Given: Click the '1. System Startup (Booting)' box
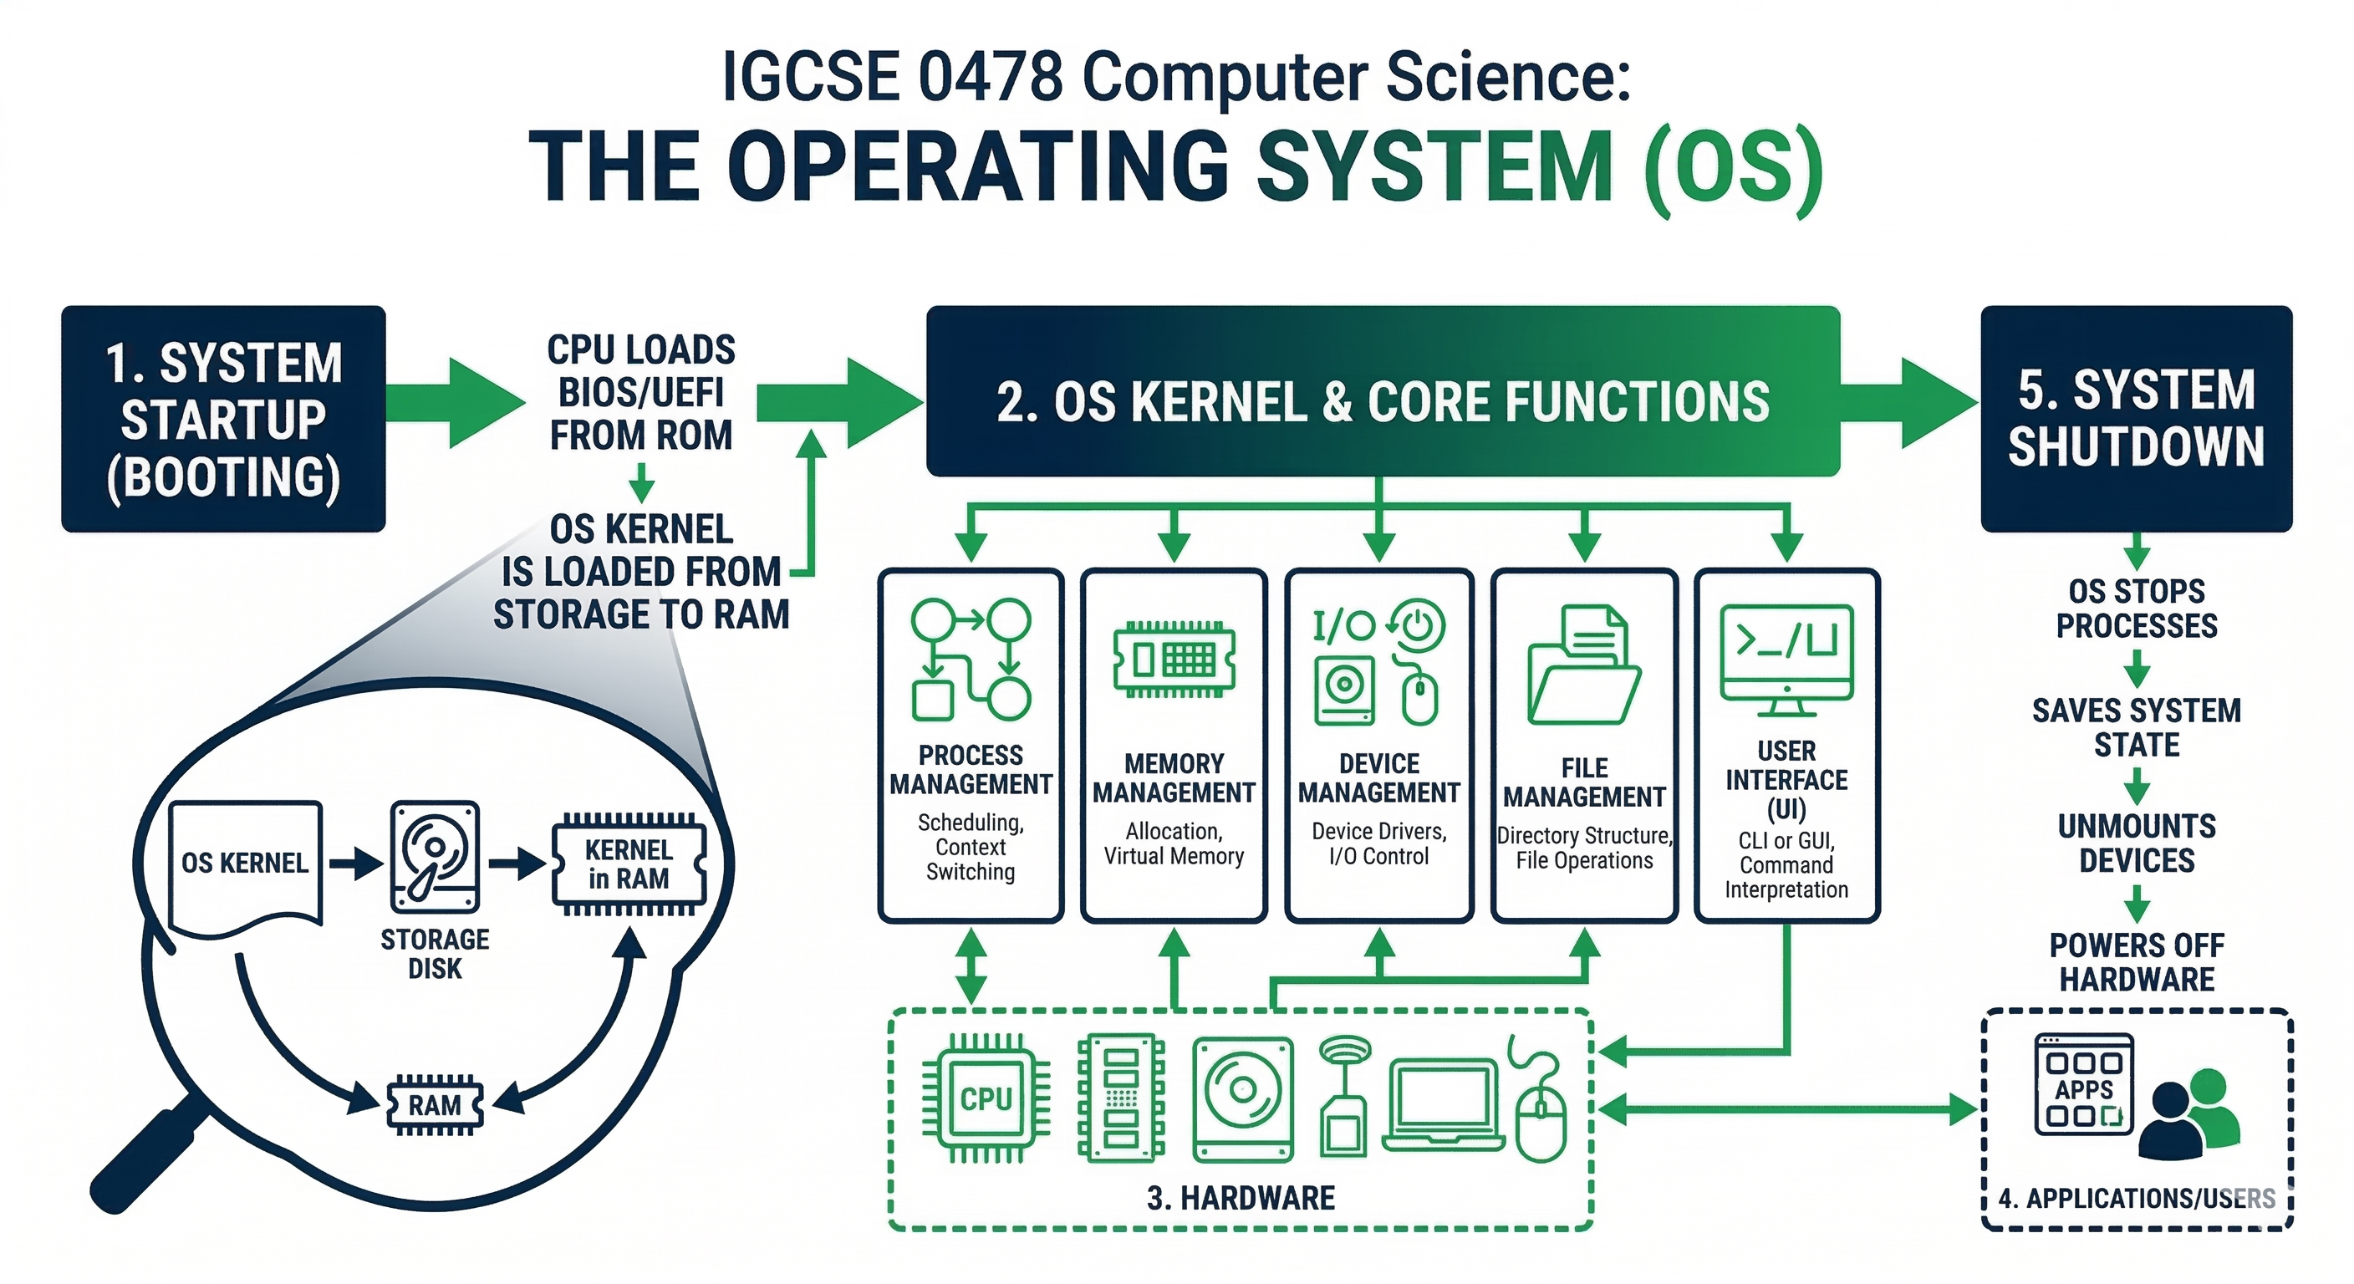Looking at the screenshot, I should [223, 419].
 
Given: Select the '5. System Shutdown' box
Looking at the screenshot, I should [2136, 419].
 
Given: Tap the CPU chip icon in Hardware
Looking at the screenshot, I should [985, 1098].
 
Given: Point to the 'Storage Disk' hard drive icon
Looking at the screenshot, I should [434, 856].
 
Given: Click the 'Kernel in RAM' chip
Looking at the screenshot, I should [629, 864].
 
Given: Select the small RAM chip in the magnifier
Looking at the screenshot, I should [434, 1105].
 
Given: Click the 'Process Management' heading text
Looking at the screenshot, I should [971, 770].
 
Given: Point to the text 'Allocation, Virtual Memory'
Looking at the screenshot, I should [1174, 843].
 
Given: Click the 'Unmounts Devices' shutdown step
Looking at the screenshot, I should [2136, 843].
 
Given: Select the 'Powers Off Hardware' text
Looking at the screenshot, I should [2136, 961].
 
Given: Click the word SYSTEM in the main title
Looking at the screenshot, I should [1434, 169].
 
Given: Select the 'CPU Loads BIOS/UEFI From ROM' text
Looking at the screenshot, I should [640, 393].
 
